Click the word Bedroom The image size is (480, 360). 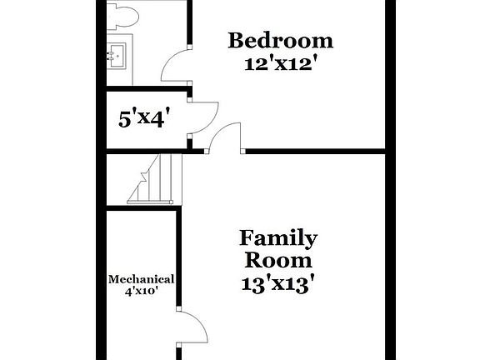[x=281, y=40]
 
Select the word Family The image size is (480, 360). [x=278, y=239]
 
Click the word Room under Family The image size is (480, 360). [x=278, y=260]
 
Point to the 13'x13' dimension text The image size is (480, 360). [x=278, y=283]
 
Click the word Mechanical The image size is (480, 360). [x=141, y=280]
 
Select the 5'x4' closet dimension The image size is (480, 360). [x=143, y=117]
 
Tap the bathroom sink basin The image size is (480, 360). [x=118, y=56]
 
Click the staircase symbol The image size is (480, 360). [x=153, y=179]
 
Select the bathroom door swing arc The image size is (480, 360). [x=176, y=65]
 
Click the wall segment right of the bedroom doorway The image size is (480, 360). [x=317, y=152]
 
